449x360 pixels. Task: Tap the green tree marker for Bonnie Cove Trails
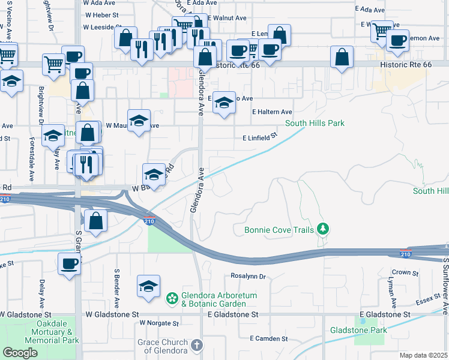click(x=324, y=229)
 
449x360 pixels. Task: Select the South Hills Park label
click(x=315, y=123)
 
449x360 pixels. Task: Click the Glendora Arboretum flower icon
click(x=172, y=298)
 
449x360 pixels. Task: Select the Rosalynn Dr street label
click(x=248, y=277)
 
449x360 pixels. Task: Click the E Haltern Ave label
click(x=272, y=112)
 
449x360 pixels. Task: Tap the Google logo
click(x=20, y=353)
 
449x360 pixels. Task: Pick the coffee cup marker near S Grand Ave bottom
click(x=70, y=264)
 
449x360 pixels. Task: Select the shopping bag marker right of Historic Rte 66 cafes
click(x=341, y=58)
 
